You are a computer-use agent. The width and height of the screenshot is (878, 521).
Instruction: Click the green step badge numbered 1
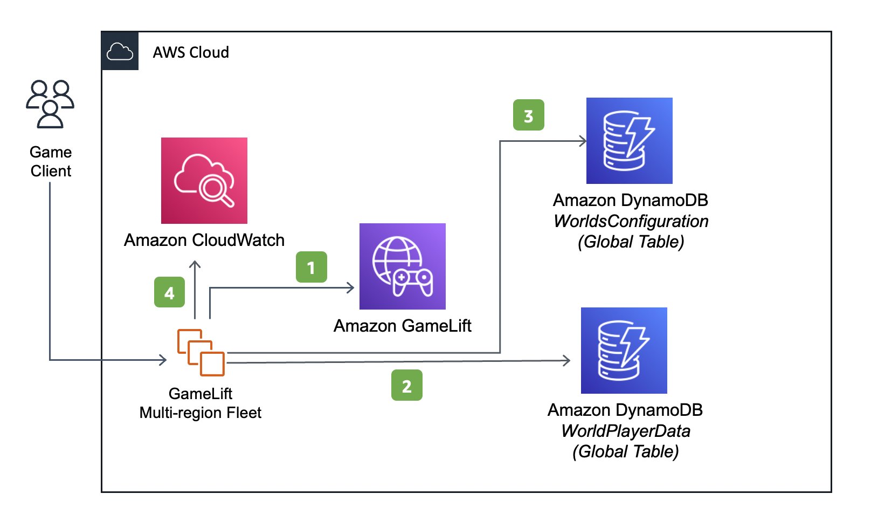click(311, 267)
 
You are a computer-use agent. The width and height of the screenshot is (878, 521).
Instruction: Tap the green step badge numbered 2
click(407, 385)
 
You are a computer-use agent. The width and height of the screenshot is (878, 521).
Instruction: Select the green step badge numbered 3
click(529, 115)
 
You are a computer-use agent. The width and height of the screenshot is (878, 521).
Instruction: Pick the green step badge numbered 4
click(169, 292)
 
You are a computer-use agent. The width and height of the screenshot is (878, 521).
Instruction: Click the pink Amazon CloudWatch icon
click(204, 181)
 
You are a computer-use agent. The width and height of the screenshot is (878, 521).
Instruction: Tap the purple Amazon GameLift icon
click(403, 266)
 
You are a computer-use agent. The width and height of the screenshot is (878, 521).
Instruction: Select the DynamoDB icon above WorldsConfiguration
click(630, 140)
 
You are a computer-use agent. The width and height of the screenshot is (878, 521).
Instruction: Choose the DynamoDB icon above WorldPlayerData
click(624, 351)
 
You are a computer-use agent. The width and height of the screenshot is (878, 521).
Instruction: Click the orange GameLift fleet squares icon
click(201, 353)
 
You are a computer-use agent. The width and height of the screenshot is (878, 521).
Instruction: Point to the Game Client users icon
click(50, 104)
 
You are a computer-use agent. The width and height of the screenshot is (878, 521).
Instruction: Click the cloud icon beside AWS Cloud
click(120, 51)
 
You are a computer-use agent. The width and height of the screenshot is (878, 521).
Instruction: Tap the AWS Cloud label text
click(191, 52)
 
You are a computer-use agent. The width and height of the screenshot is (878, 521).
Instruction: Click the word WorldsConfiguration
click(631, 221)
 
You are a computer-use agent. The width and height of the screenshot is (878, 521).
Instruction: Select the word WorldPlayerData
click(626, 431)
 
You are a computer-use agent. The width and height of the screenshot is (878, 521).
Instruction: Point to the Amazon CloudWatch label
click(204, 240)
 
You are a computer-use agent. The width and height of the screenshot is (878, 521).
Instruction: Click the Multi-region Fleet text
click(201, 413)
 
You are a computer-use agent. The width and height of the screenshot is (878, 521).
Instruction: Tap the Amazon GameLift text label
click(402, 326)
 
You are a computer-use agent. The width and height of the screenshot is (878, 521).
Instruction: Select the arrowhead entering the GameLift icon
click(350, 288)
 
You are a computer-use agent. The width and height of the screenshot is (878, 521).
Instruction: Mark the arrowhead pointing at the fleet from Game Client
click(162, 360)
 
